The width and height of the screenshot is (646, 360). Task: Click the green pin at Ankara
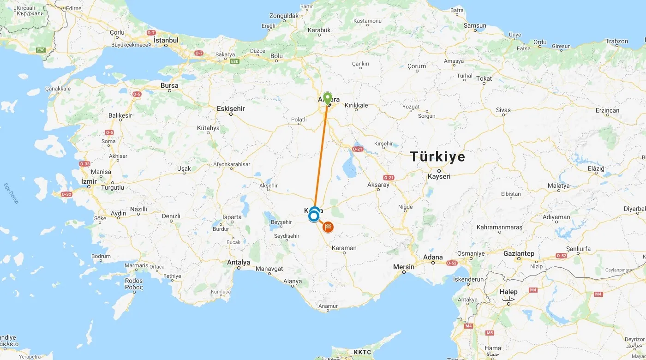click(327, 98)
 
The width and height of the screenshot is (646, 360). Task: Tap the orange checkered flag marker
click(328, 227)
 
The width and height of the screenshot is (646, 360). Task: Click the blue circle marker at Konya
click(314, 216)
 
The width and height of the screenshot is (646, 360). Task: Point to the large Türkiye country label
click(438, 157)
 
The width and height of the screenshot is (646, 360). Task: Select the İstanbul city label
click(166, 40)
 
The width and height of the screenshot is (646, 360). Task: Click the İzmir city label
click(89, 181)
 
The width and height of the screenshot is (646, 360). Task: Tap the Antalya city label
click(239, 262)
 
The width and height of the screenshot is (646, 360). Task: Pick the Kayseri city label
click(439, 176)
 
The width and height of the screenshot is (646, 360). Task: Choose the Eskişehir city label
click(231, 108)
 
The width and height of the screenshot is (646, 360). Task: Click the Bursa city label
click(169, 85)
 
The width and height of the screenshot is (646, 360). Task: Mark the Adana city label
click(433, 257)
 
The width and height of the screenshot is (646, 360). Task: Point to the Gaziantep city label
click(519, 253)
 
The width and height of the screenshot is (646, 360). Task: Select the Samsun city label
click(475, 26)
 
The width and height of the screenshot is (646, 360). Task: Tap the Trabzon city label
click(616, 41)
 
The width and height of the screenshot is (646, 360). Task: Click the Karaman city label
click(344, 248)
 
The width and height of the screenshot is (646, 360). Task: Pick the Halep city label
click(508, 292)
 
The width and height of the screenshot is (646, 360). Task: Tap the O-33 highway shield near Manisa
click(85, 163)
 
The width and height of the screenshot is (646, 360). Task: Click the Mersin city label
click(404, 267)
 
